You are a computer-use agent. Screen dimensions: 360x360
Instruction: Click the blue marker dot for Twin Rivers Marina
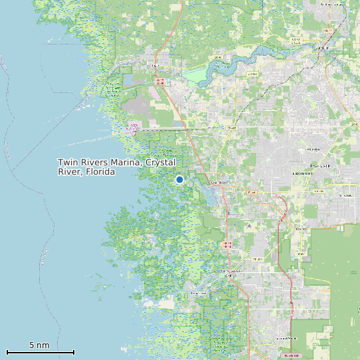[x=179, y=179]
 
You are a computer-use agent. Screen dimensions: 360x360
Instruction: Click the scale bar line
[x=40, y=352]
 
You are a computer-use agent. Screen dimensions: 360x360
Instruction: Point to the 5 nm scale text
[x=39, y=345]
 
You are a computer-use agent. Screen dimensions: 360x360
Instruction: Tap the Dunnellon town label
[x=323, y=48]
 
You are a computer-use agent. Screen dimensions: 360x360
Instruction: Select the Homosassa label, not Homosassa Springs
[x=199, y=293]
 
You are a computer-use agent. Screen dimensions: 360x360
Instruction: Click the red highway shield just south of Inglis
[x=159, y=81]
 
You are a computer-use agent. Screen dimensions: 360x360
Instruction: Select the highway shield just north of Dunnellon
[x=327, y=31]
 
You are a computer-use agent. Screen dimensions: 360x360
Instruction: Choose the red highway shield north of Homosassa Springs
[x=228, y=245]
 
